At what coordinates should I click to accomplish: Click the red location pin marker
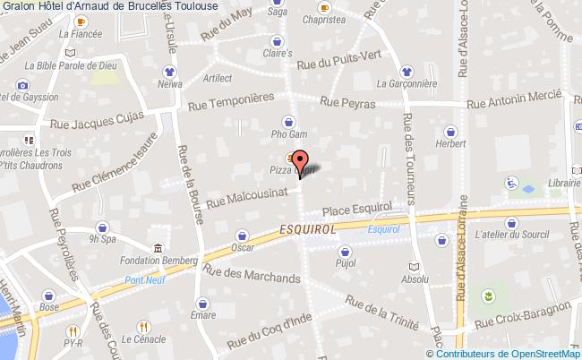coord(301,162)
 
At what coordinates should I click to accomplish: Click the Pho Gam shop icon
coord(289,122)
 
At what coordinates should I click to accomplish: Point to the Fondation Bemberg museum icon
coord(158,247)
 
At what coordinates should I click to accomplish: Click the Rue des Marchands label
coord(252,272)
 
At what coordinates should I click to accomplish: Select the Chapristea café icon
coord(323,5)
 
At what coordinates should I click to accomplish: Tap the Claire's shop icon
coord(278,40)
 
